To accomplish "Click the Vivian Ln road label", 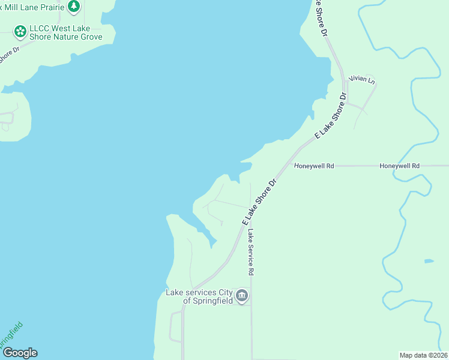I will pyautogui.click(x=362, y=80).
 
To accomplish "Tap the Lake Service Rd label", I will pyautogui.click(x=251, y=252).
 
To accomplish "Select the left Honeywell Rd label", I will pyautogui.click(x=313, y=166).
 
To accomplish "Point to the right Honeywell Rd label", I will pyautogui.click(x=399, y=166).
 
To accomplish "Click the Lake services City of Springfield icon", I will pyautogui.click(x=242, y=295).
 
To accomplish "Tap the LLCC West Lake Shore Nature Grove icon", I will pyautogui.click(x=20, y=31).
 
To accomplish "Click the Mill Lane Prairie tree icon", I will pyautogui.click(x=73, y=7).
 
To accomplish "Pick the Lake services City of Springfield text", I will pyautogui.click(x=199, y=296).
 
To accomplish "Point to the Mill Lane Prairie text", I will pyautogui.click(x=32, y=6).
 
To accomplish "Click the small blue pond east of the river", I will pyautogui.click(x=428, y=261).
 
